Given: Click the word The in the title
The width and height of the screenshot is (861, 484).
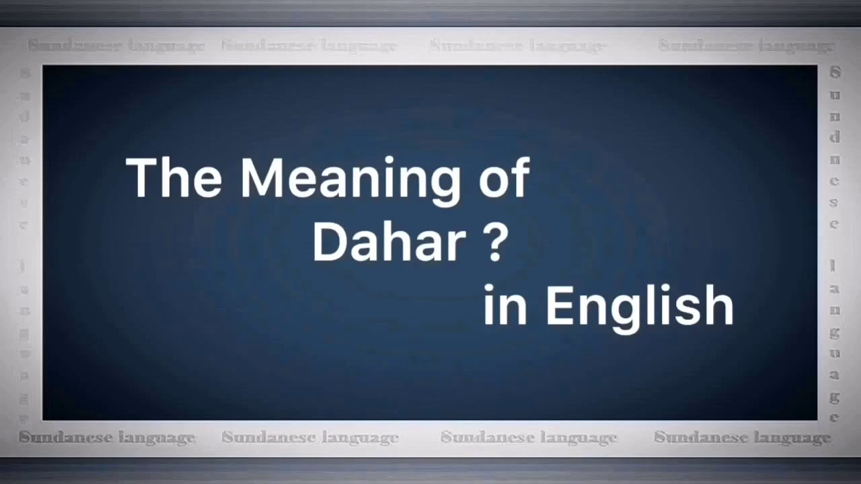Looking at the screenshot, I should [174, 178].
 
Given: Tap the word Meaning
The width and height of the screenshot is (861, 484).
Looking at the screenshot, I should [350, 180].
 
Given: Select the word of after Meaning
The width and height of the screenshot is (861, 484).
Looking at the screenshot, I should [504, 178].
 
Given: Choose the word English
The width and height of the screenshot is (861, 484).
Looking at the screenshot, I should [639, 308].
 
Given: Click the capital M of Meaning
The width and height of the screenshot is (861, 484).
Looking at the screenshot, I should [264, 178].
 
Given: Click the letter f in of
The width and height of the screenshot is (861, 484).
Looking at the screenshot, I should [521, 177].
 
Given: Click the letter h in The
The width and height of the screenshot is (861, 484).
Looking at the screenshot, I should [176, 178].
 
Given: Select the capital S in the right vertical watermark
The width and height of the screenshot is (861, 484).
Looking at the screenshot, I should [835, 72].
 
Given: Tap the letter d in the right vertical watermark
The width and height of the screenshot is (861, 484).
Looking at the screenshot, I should [835, 136].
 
